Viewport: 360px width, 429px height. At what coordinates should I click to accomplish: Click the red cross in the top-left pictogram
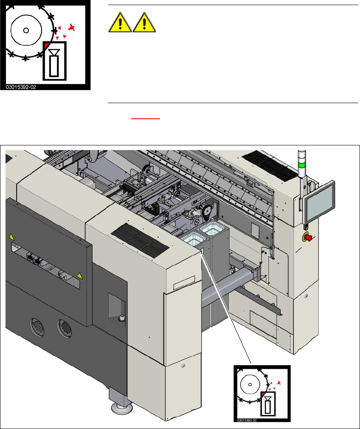(x=72, y=28)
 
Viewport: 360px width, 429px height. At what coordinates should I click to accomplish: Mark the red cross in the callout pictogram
(x=278, y=382)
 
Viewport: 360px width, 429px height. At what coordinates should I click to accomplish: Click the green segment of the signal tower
(x=302, y=165)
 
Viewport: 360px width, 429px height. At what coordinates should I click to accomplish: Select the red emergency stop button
(x=308, y=237)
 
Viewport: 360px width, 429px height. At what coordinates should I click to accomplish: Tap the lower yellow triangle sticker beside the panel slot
(x=79, y=276)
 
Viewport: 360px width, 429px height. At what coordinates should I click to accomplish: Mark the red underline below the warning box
(x=145, y=119)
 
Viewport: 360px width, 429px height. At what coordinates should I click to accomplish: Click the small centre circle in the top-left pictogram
(x=26, y=30)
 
